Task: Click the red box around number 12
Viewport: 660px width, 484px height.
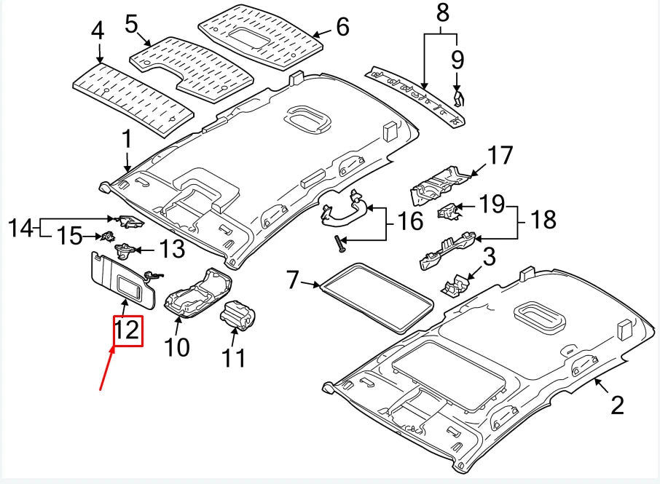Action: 128,331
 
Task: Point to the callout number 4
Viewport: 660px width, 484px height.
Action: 98,31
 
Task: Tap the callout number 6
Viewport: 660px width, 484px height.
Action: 342,27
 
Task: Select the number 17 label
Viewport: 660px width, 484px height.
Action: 500,155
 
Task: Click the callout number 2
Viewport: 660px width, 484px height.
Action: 617,405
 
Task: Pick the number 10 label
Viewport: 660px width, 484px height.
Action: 177,347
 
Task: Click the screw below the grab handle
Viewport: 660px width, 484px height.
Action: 339,244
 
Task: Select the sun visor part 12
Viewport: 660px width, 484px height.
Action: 124,279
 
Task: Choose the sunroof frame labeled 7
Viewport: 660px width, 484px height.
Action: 376,298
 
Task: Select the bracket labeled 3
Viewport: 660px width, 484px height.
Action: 456,285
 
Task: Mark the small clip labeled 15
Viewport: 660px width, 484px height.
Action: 108,236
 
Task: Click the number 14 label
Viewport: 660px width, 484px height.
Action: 20,228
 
